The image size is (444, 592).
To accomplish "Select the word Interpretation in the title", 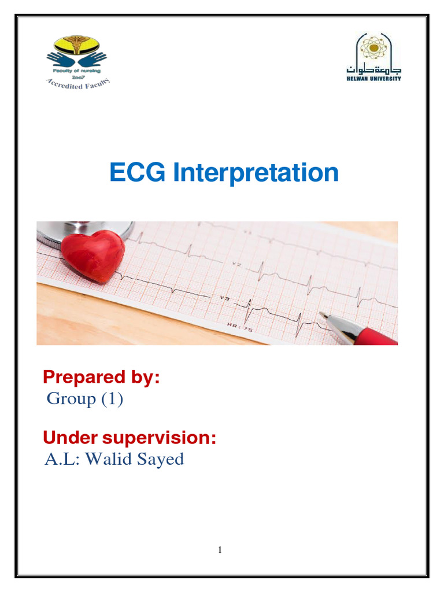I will (255, 173).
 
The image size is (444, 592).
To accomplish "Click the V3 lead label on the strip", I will (224, 298).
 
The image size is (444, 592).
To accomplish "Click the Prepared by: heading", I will (101, 378).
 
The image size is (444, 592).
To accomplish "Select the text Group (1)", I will (84, 399).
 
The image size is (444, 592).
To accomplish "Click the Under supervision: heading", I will (129, 438).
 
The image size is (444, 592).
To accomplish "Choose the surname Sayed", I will (161, 459).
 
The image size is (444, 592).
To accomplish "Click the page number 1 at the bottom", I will (220, 550).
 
